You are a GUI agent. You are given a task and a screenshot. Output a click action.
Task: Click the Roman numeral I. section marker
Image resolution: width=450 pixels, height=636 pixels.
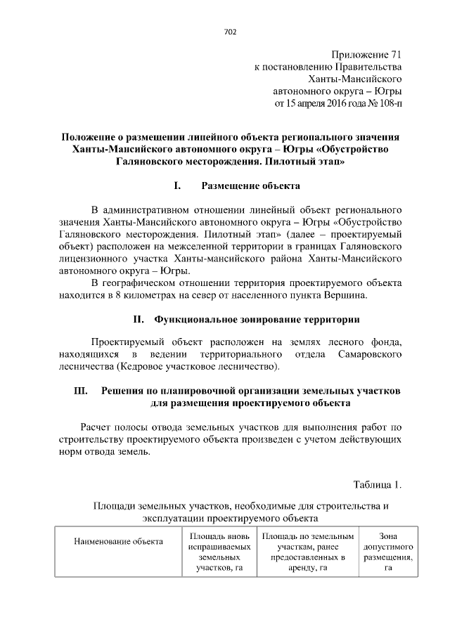click(177, 186)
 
